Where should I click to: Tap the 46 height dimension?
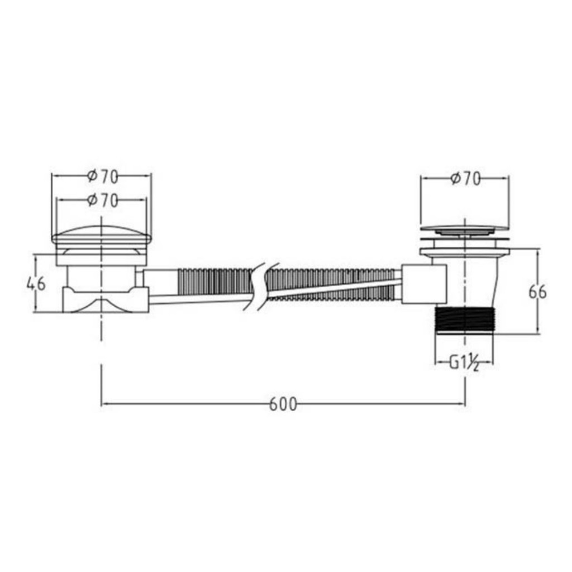36,283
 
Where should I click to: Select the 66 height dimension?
538,292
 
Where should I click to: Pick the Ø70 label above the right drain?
465,179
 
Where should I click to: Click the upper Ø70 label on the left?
102,177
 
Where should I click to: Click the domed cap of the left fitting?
101,235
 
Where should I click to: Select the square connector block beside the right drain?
424,284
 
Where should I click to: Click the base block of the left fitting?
105,301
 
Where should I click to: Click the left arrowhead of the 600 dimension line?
103,404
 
